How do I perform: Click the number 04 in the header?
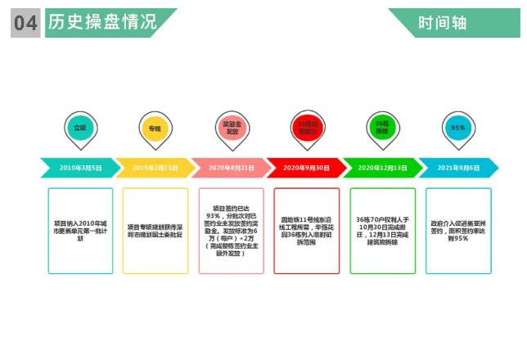click(25, 23)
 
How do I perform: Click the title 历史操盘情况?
click(102, 22)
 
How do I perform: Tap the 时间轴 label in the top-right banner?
click(442, 23)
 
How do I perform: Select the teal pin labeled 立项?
click(79, 128)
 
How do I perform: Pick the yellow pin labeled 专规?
click(155, 128)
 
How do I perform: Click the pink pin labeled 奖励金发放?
click(232, 128)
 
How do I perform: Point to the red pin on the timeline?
click(306, 128)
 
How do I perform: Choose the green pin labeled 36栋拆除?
click(382, 128)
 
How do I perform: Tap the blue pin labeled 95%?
click(457, 128)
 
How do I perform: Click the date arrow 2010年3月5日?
click(80, 168)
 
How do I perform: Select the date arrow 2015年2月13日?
click(155, 168)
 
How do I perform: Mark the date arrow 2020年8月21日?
click(231, 168)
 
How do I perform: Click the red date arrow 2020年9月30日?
click(306, 168)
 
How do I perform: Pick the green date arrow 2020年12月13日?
click(381, 168)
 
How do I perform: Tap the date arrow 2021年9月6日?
click(457, 168)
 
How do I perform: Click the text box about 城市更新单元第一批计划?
click(80, 230)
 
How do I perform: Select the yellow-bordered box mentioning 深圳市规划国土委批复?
click(155, 230)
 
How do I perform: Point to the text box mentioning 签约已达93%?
click(231, 230)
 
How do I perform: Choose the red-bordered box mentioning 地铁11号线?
click(306, 230)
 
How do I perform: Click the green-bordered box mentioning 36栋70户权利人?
click(382, 230)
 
